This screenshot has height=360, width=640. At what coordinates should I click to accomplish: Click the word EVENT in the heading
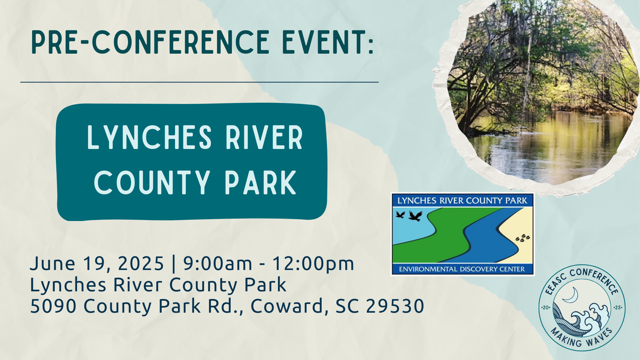[324, 42]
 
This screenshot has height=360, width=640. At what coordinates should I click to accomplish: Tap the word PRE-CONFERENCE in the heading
[150, 42]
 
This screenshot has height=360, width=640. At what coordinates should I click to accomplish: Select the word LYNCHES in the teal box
[149, 137]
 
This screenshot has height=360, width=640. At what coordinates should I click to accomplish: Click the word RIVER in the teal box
[264, 137]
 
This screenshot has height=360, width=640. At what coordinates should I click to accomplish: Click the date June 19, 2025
[97, 264]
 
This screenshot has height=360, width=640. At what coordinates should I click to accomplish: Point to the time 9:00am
[217, 263]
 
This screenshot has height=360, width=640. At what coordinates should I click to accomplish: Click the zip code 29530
[395, 306]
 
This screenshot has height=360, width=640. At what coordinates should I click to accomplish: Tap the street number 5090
[53, 306]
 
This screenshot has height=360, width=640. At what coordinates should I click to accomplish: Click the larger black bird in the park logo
[415, 216]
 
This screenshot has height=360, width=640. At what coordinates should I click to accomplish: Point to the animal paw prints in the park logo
[523, 238]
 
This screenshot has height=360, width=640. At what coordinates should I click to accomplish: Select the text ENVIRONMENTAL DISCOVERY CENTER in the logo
[462, 269]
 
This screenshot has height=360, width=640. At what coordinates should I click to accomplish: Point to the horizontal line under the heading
[199, 82]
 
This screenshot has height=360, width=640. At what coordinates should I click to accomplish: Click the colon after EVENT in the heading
[371, 46]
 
